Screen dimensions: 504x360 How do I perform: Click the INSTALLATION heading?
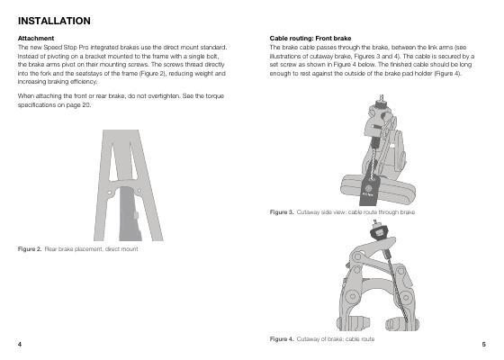(54, 21)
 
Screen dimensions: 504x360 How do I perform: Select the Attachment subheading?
(36, 38)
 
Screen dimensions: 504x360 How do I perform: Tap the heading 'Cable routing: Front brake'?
(310, 38)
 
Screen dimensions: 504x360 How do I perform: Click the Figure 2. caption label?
(30, 249)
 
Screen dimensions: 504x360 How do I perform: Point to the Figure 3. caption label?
(282, 212)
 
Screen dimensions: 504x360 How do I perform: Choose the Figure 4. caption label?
(282, 339)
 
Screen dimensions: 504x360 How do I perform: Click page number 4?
(20, 344)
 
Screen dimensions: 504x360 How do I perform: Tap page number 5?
(484, 344)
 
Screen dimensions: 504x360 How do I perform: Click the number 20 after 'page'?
(85, 105)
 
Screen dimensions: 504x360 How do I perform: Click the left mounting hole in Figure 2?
(109, 193)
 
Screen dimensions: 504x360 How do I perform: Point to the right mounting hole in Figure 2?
(139, 191)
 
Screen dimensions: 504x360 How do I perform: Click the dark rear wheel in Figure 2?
(130, 214)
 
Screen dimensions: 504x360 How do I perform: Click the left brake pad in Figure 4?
(353, 324)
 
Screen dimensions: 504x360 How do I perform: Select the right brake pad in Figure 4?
(402, 324)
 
